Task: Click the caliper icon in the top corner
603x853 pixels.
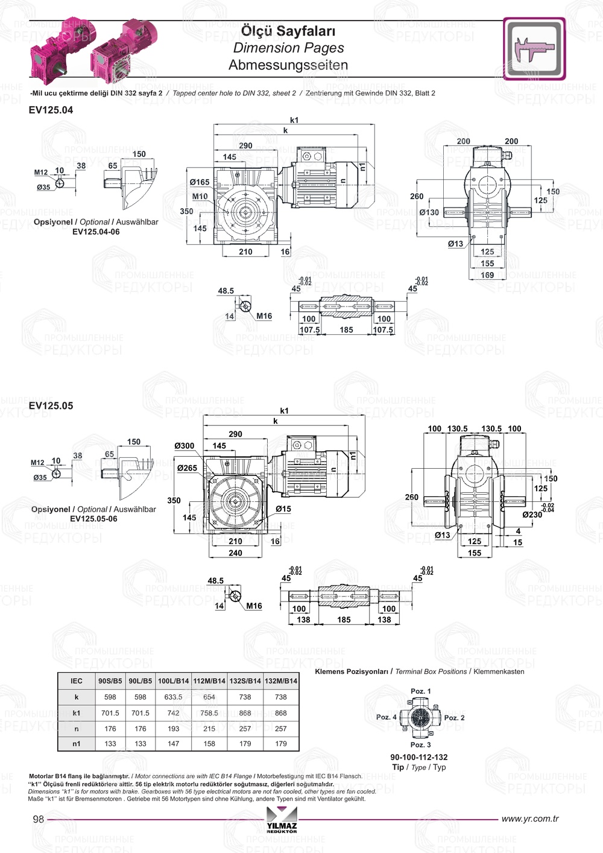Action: [x=534, y=48]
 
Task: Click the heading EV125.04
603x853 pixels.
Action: [x=51, y=110]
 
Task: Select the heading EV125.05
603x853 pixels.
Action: [x=51, y=406]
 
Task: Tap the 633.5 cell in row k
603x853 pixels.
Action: [x=173, y=697]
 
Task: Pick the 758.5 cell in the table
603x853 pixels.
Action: [x=209, y=712]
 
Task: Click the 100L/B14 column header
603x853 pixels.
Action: [x=173, y=681]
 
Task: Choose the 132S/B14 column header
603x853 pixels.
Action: [x=245, y=681]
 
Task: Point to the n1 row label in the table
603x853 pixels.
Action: [x=77, y=744]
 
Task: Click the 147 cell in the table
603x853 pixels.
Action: [x=173, y=744]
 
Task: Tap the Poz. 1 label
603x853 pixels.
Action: [x=420, y=691]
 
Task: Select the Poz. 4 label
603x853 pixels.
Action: [x=386, y=717]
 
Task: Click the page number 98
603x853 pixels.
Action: [x=39, y=819]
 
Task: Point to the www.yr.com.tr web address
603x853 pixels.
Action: [x=529, y=819]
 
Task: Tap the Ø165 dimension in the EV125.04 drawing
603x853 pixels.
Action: [x=200, y=182]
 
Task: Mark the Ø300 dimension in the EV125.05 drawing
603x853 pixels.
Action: [x=185, y=446]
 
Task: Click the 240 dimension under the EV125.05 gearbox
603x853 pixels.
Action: [x=235, y=553]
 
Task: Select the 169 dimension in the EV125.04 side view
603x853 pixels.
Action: [x=487, y=275]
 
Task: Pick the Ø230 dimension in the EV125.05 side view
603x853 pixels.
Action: [x=532, y=515]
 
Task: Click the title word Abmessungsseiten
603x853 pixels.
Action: [x=288, y=65]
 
